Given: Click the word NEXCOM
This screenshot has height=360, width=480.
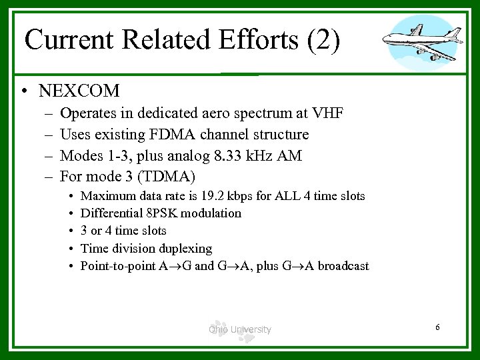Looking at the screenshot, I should (x=79, y=90).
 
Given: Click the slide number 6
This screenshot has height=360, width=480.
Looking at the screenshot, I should (x=437, y=327).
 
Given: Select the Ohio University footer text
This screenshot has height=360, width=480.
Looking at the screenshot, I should (x=239, y=329).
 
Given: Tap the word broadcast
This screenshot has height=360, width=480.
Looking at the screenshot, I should (x=343, y=266).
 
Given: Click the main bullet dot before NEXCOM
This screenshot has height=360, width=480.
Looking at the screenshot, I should (x=24, y=91).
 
